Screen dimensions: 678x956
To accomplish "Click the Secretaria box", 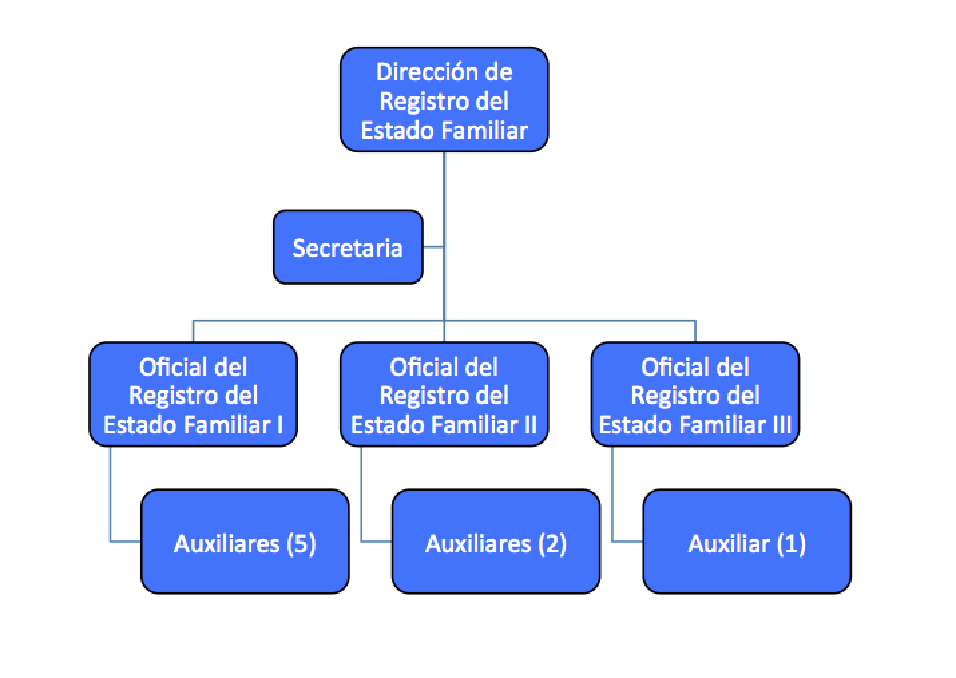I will tap(348, 247).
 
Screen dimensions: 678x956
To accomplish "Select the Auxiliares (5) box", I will tap(245, 542).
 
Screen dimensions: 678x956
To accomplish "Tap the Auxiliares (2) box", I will tap(495, 542).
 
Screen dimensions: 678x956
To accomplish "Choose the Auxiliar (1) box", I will tap(747, 542).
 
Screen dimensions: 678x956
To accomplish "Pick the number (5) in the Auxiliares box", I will tap(301, 543).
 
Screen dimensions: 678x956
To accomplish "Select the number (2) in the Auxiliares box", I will tap(552, 543).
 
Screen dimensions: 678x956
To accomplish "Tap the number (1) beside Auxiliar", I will tap(792, 543).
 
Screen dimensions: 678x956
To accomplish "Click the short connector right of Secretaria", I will tap(433, 247).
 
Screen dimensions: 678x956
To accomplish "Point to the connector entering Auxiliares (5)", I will tap(126, 541).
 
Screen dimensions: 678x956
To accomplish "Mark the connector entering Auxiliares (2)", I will tap(376, 541).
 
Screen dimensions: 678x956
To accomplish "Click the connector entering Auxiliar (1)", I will tap(628, 541).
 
